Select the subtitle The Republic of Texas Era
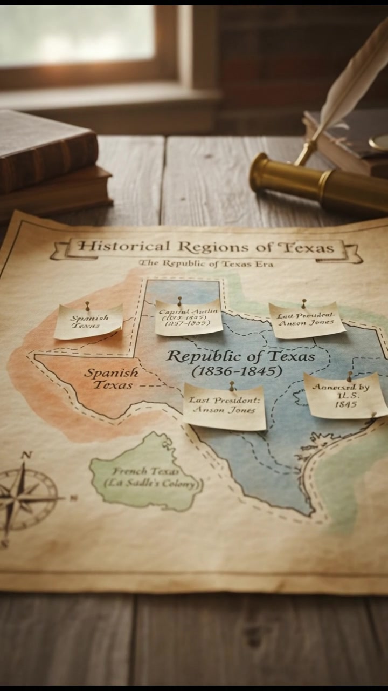click(206, 263)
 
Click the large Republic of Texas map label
click(241, 356)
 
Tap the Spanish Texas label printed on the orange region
click(111, 378)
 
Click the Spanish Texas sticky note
click(88, 322)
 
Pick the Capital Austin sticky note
click(188, 318)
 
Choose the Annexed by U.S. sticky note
click(345, 395)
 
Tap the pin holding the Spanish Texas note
click(87, 305)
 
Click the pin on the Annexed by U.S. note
click(349, 374)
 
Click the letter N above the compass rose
click(25, 455)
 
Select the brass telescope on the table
click(318, 184)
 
